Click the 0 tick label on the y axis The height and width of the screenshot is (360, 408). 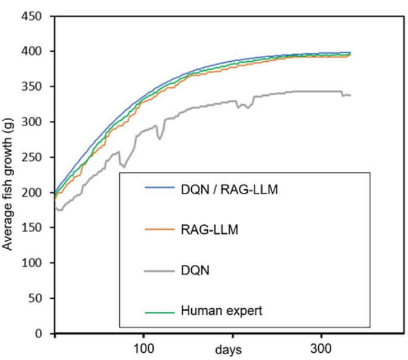[43, 334]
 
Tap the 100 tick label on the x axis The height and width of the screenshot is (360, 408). [144, 347]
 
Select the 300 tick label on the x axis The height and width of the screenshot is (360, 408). [322, 347]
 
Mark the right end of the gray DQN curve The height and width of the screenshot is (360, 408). [350, 95]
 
